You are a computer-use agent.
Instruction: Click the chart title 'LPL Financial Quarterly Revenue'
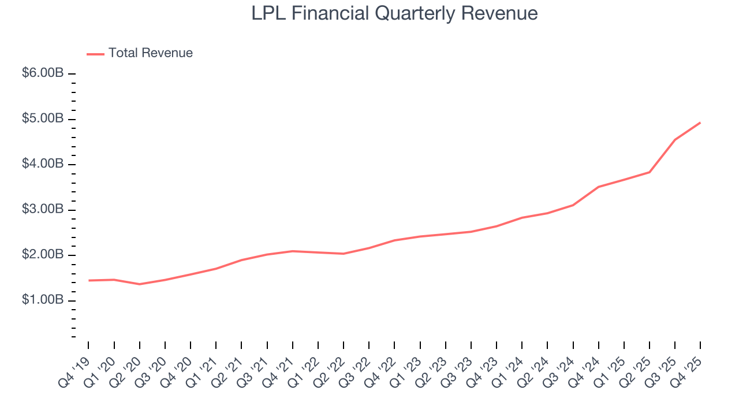pos(394,13)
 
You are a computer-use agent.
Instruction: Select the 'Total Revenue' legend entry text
pos(150,53)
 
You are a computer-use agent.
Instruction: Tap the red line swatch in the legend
pos(95,54)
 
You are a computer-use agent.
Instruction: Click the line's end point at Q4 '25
pos(700,122)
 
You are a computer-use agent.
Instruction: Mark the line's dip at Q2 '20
pos(140,284)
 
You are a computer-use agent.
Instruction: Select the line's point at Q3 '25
pos(675,140)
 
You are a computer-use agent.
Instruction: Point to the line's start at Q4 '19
pos(89,280)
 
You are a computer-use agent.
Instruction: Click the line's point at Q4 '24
pos(599,187)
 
